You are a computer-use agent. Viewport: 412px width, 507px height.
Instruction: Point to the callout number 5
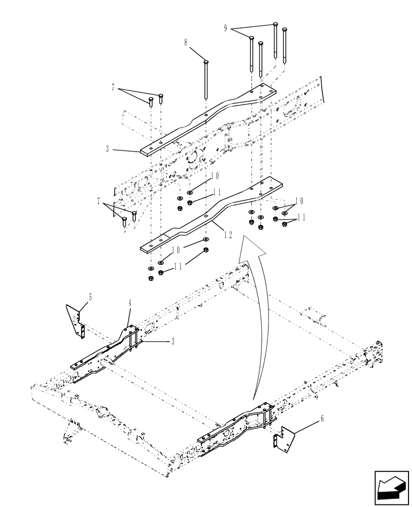pos(90,297)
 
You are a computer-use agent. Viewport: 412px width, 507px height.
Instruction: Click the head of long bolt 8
pos(205,62)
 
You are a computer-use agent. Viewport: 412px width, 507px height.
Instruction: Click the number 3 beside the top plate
pos(108,150)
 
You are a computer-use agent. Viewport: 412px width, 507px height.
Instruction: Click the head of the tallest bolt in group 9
pos(275,24)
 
